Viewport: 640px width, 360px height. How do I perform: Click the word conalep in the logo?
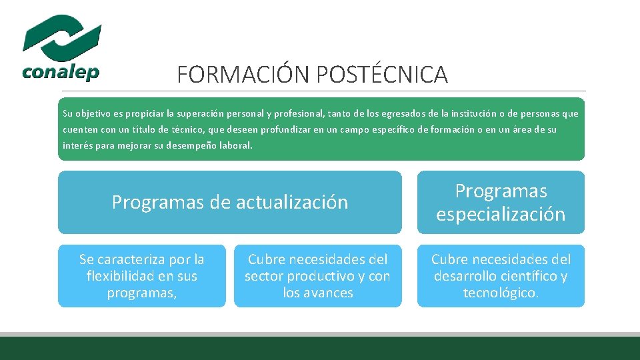[x=61, y=71]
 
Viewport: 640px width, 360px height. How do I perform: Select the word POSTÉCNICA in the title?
[x=382, y=75]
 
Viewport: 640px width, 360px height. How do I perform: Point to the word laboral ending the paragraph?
[x=238, y=145]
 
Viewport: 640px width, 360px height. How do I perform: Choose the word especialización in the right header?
[x=501, y=214]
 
